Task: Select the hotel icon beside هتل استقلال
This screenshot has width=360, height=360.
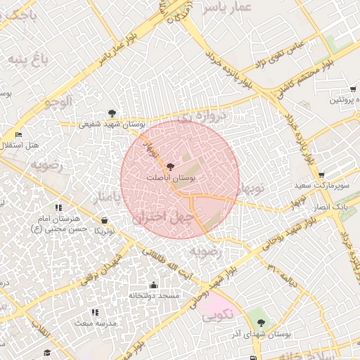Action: click(x=18, y=134)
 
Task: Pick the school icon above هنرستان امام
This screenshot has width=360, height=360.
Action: click(x=58, y=207)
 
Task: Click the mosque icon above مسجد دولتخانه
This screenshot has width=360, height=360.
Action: click(x=153, y=285)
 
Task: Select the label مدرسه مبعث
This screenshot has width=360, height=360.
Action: click(x=96, y=323)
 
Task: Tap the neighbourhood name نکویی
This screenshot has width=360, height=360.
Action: click(x=219, y=317)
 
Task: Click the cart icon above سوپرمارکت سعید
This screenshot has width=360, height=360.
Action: click(x=321, y=175)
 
